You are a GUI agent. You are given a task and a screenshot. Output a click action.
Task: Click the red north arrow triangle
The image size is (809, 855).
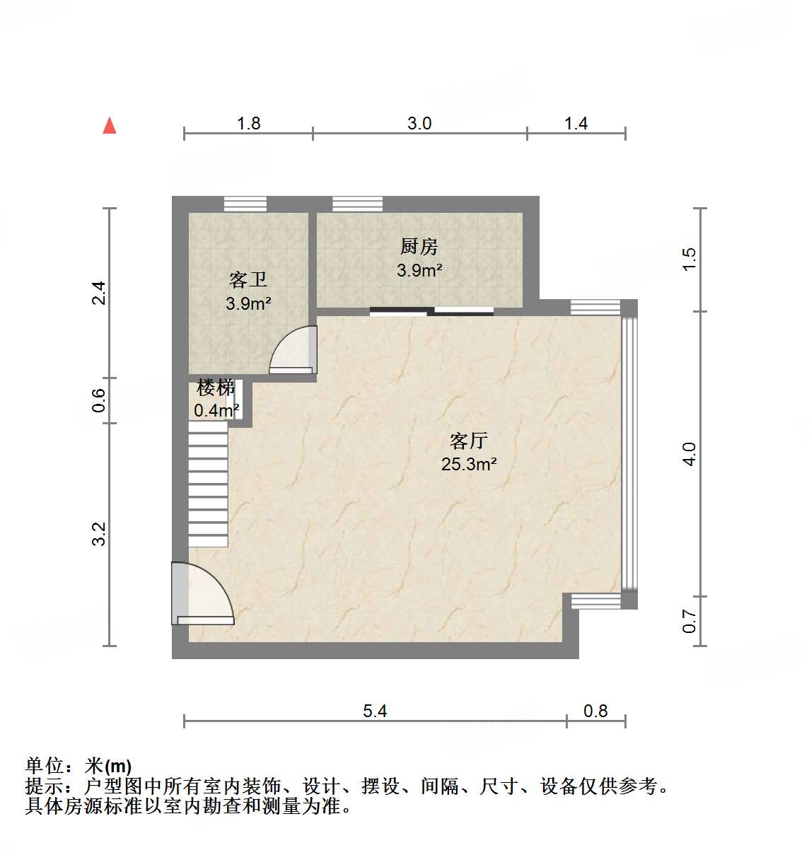[x=110, y=126]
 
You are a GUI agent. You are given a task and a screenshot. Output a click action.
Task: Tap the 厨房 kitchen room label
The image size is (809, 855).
[x=419, y=247]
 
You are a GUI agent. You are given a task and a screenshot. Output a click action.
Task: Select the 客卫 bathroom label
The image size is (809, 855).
[x=248, y=280]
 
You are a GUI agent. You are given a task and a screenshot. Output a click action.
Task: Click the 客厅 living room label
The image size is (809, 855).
[x=469, y=441]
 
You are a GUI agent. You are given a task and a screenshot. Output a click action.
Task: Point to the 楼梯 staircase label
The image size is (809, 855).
[x=216, y=388]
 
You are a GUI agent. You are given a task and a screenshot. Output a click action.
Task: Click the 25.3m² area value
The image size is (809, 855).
[x=469, y=465]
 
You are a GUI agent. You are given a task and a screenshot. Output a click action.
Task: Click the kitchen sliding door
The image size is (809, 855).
[x=431, y=310]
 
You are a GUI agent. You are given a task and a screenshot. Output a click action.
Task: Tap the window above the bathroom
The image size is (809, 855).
[x=245, y=204]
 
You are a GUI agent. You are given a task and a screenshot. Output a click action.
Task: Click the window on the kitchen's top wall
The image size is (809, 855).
[x=357, y=204]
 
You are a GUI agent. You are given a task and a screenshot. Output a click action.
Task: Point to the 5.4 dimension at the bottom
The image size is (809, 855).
[x=375, y=711]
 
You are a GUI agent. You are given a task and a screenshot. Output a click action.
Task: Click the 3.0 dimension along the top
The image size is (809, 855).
[x=419, y=124]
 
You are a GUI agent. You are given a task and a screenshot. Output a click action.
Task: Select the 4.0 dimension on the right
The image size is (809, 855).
[x=689, y=453]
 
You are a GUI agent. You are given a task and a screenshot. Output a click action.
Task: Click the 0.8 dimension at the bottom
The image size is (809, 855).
[x=595, y=711]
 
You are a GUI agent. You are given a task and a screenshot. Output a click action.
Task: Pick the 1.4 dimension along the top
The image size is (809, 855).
[x=576, y=124]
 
